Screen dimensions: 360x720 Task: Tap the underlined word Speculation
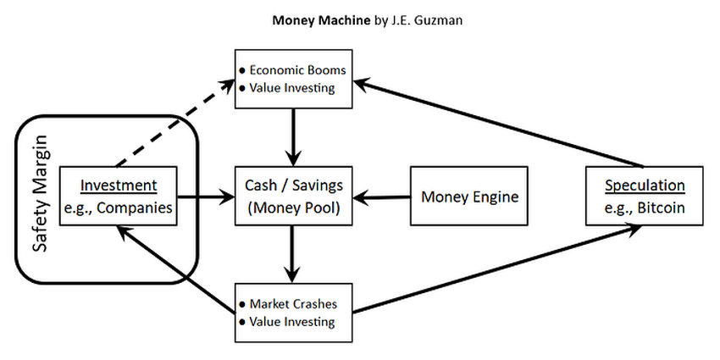tap(643, 186)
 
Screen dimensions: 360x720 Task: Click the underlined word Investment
tap(118, 186)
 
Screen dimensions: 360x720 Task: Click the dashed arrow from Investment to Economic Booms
tap(174, 122)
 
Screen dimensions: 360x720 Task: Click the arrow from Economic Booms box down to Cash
tap(293, 136)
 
